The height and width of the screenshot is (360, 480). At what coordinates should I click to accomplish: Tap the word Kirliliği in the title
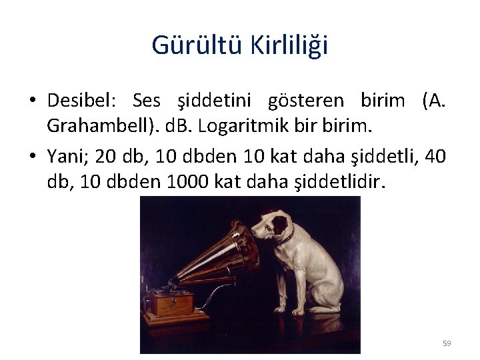click(x=289, y=45)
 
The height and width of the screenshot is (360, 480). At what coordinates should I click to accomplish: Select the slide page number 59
click(x=447, y=343)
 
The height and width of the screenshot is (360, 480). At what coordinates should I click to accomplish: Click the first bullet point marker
click(x=32, y=101)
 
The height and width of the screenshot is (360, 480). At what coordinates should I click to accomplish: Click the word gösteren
click(x=306, y=101)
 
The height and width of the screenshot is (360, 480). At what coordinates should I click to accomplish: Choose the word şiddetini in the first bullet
click(x=213, y=101)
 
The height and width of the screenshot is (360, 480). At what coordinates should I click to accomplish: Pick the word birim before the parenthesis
click(x=382, y=101)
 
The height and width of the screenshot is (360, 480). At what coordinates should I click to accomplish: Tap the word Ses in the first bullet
click(x=147, y=101)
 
